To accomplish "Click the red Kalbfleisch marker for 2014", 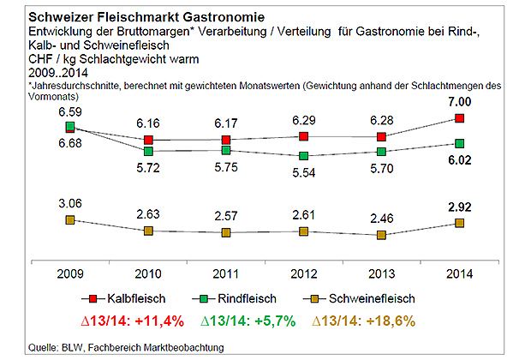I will pyautogui.click(x=460, y=118).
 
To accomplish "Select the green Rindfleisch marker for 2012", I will pyautogui.click(x=304, y=157).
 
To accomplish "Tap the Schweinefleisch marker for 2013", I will pyautogui.click(x=382, y=235).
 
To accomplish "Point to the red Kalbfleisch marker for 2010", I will pyautogui.click(x=149, y=140).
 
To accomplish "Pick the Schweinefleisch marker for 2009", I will pyautogui.click(x=70, y=220).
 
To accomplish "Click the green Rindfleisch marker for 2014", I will pyautogui.click(x=460, y=143).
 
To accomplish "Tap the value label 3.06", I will pyautogui.click(x=70, y=201).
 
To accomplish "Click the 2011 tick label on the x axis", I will pyautogui.click(x=226, y=273).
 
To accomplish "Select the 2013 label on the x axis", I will pyautogui.click(x=382, y=273).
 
